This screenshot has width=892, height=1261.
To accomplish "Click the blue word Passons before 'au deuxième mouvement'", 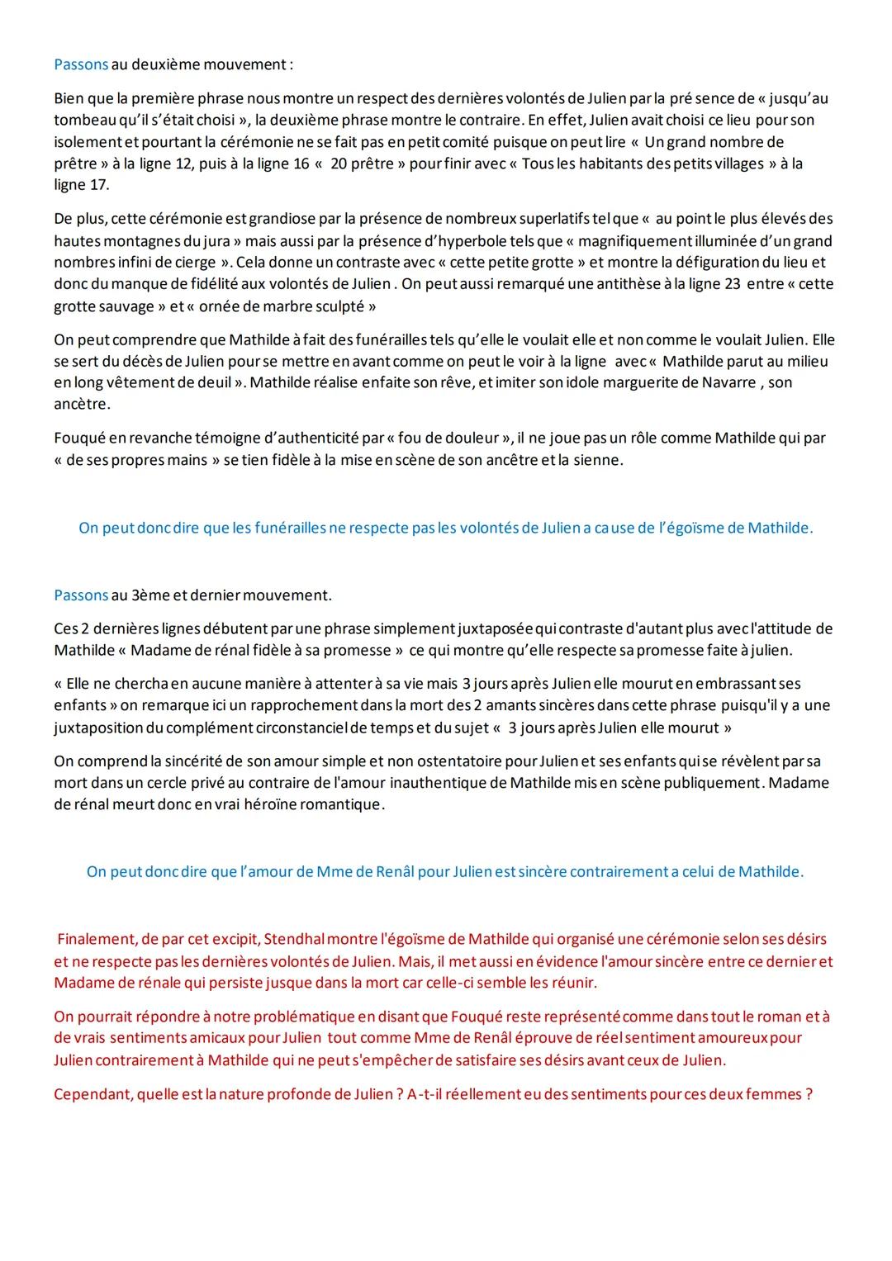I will click(81, 64).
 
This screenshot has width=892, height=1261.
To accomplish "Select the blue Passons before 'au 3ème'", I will click(81, 595).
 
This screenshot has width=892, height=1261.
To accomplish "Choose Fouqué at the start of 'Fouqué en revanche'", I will click(78, 438).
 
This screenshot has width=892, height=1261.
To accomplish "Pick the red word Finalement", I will click(95, 939).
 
